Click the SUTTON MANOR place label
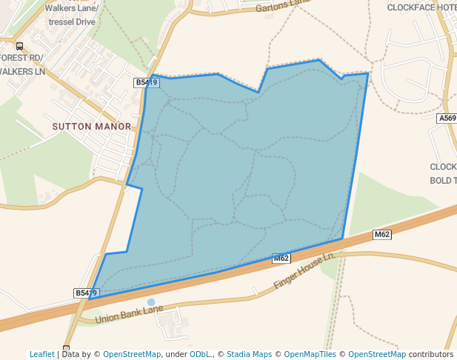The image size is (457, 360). [x=91, y=127]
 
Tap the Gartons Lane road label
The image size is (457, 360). [x=282, y=7]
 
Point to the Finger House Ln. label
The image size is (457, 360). [x=304, y=272]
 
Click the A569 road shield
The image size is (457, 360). [x=447, y=118]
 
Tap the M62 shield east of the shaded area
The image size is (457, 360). [x=381, y=235]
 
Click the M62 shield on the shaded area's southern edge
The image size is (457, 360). [x=281, y=259]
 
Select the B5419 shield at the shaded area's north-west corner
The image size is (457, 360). [x=147, y=83]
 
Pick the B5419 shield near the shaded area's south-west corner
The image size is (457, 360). [x=86, y=293]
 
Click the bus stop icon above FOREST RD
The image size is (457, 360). [x=19, y=46]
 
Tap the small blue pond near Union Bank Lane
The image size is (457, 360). [x=151, y=302]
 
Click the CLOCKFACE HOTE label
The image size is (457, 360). [x=421, y=7]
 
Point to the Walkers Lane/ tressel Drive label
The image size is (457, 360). [x=72, y=15]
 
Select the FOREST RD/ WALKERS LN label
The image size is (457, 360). [x=22, y=64]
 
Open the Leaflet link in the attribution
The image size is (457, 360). [x=41, y=354]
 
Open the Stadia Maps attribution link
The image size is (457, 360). [x=248, y=354]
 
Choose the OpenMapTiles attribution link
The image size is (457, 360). [x=308, y=354]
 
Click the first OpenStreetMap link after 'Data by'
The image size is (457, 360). [x=132, y=354]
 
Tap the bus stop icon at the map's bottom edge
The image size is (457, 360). [x=66, y=348]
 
